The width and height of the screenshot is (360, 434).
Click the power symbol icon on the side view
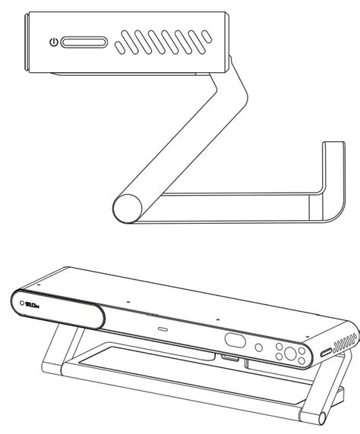click(x=52, y=42)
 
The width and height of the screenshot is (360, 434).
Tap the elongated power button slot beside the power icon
click(x=81, y=42)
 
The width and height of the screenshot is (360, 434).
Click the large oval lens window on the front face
click(x=234, y=342)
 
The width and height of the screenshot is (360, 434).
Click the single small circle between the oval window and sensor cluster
click(x=259, y=348)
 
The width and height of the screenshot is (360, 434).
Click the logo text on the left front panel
click(x=33, y=306)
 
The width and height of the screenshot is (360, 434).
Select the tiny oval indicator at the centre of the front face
click(x=163, y=330)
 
